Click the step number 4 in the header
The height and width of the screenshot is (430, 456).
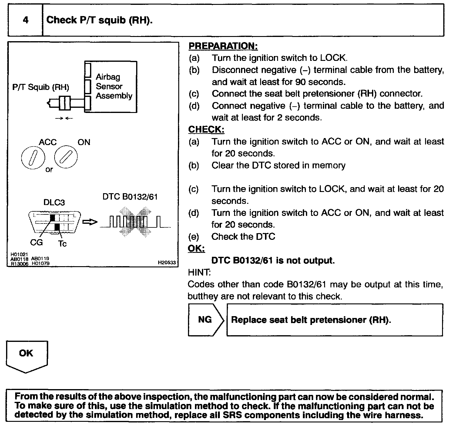coord(25,20)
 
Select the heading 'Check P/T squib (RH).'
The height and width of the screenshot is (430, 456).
coord(99,20)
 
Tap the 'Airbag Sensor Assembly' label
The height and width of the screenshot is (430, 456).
coord(114,86)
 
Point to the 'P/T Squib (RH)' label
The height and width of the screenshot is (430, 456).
coord(41,87)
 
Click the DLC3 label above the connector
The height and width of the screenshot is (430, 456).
coord(54,202)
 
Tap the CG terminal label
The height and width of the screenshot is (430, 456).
coord(36,242)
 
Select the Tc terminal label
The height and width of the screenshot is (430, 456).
coord(62,243)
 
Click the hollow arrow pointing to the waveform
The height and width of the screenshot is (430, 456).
coord(90,223)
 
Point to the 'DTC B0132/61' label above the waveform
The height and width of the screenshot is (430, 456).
coord(130,197)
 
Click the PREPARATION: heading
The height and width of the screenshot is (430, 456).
coord(223,46)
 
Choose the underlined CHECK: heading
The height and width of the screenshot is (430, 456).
coord(206,130)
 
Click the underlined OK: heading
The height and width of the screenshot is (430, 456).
coord(196,249)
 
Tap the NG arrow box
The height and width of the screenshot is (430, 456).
coord(206,320)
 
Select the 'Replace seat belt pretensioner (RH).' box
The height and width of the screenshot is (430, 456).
coord(334,320)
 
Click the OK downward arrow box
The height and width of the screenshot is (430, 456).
coord(26,356)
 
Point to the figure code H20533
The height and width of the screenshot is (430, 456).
coord(167,263)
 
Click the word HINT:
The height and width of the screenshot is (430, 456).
coord(199,272)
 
